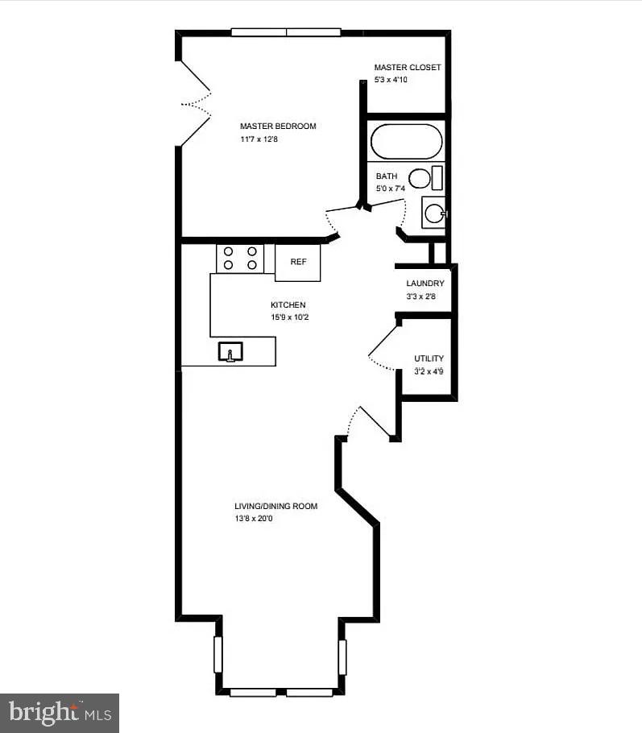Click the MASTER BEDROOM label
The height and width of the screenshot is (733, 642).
pyautogui.click(x=278, y=126)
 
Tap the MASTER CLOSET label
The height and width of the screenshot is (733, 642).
pyautogui.click(x=407, y=68)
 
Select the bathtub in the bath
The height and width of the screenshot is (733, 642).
pyautogui.click(x=406, y=142)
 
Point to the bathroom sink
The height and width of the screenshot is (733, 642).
pyautogui.click(x=433, y=213)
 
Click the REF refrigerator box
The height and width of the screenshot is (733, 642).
pyautogui.click(x=298, y=262)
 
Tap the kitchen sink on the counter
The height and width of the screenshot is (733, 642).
pyautogui.click(x=230, y=352)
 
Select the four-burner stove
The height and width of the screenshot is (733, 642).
pyautogui.click(x=240, y=258)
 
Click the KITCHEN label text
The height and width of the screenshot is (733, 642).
pyautogui.click(x=288, y=305)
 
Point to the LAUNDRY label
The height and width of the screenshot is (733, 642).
pyautogui.click(x=425, y=284)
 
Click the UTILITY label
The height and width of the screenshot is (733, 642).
pyautogui.click(x=429, y=358)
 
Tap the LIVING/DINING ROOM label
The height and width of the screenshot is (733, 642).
pyautogui.click(x=275, y=507)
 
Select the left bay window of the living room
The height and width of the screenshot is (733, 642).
pyautogui.click(x=217, y=655)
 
